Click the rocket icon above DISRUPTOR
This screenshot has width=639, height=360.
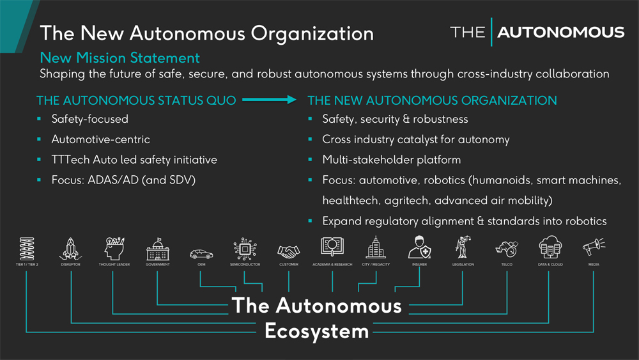[x=70, y=247]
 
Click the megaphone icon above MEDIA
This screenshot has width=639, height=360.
[x=593, y=246]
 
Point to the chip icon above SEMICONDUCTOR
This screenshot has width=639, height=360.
[x=245, y=248]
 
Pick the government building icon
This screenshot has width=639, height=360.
[x=157, y=248]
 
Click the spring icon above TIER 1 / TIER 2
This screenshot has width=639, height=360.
[x=26, y=247]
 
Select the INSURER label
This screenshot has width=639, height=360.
[x=419, y=264]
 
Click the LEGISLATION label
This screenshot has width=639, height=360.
[x=463, y=264]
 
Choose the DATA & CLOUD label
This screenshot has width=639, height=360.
[x=550, y=264]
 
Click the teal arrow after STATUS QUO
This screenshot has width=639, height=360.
[x=270, y=100]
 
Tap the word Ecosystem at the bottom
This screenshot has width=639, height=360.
[x=316, y=332]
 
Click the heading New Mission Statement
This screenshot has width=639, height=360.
[x=119, y=58]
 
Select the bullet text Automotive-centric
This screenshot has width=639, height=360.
[x=100, y=139]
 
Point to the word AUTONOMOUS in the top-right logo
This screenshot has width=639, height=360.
[x=561, y=32]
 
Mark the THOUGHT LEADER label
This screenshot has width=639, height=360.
[x=114, y=264]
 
